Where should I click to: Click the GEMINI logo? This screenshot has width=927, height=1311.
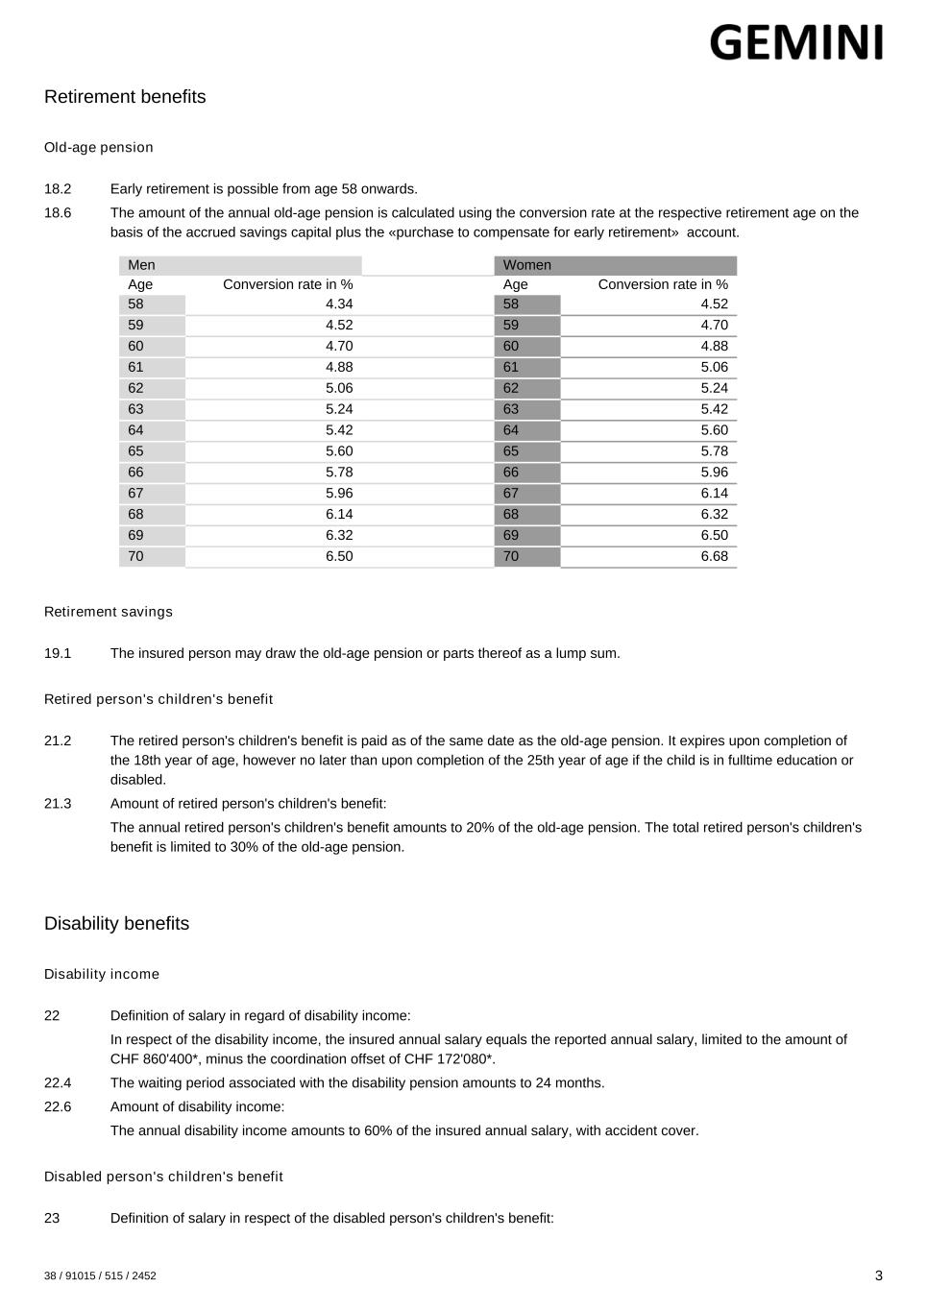pos(795,43)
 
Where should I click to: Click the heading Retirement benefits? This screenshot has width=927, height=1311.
pos(125,97)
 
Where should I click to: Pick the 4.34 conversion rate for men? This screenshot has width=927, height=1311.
pos(339,304)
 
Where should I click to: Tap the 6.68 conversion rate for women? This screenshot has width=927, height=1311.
pos(714,557)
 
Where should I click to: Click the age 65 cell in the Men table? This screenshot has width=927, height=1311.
pos(135,451)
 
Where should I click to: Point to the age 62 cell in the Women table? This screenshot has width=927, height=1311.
pos(511,388)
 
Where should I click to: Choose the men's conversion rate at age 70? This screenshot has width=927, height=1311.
pos(339,557)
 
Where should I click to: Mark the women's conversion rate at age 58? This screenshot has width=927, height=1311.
pos(714,304)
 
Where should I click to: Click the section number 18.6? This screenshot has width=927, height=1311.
pos(58,213)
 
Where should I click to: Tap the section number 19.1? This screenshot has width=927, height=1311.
pos(58,654)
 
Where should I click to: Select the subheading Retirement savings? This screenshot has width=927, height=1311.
pos(109,612)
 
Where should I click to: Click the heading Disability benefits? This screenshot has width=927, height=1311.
pos(116,924)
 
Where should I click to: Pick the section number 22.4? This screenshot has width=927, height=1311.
pos(58,1083)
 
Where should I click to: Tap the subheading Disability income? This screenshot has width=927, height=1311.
pos(102,974)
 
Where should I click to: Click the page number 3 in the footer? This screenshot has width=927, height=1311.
pos(878,1275)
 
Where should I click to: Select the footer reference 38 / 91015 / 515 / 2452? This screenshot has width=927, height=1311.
pos(100,1276)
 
